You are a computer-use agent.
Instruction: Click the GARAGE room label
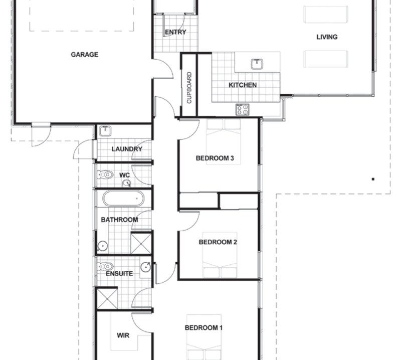[x=84, y=55]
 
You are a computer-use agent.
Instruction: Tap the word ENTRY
[x=175, y=32]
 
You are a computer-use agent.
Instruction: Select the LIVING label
[x=327, y=37]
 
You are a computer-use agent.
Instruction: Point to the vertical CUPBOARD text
[x=189, y=88]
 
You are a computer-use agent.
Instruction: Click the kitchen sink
[x=257, y=64]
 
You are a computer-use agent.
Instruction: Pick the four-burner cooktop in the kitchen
[x=243, y=109]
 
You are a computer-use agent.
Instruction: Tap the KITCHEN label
[x=243, y=85]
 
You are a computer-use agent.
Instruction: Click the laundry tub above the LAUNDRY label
[x=105, y=132]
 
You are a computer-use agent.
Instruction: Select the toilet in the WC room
[x=106, y=175]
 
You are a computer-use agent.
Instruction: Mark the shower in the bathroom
[x=141, y=243]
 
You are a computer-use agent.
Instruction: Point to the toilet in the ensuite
[x=106, y=266]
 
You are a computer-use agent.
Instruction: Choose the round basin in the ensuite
[x=145, y=267]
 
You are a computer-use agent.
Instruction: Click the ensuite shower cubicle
[x=106, y=298]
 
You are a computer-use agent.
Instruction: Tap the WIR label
[x=123, y=335]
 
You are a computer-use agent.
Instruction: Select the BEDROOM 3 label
[x=215, y=158]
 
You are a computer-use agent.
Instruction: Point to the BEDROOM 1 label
[x=204, y=328]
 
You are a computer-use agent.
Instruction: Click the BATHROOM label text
[x=119, y=220]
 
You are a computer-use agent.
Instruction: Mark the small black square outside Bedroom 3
[x=373, y=178]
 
